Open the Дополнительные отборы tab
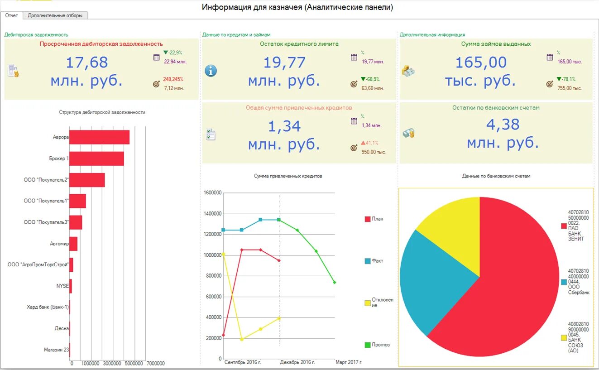(x=55, y=15)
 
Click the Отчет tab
(x=11, y=15)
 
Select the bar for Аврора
(x=99, y=137)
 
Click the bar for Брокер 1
(x=96, y=159)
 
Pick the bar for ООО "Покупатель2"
(x=87, y=180)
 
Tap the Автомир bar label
(x=59, y=244)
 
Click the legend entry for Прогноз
(x=380, y=345)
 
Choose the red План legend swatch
(x=368, y=219)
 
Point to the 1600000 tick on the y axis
(x=212, y=193)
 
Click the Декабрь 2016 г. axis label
(x=297, y=362)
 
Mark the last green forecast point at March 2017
(x=334, y=282)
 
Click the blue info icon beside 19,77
(x=211, y=71)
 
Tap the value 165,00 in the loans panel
(x=480, y=62)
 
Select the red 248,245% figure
(x=173, y=79)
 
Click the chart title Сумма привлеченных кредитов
(x=288, y=176)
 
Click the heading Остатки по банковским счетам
(x=496, y=108)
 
